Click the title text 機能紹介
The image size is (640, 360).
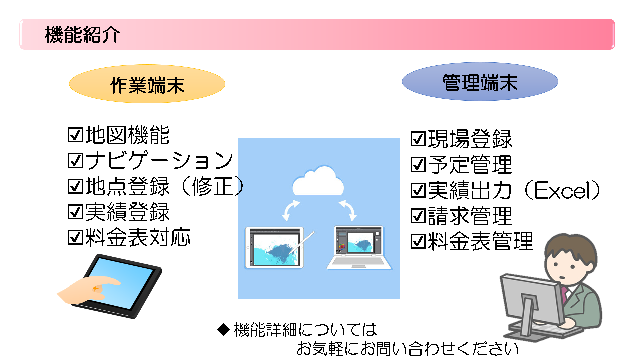82,34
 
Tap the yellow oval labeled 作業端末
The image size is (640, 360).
147,84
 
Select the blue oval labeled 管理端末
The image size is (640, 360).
480,82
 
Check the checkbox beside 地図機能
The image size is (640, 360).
75,135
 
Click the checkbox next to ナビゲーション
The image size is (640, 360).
75,161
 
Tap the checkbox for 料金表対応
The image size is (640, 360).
75,237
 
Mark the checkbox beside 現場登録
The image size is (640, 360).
418,139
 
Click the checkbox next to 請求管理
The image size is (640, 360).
418,216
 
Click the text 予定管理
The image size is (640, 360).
470,165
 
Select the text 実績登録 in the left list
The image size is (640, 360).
128,212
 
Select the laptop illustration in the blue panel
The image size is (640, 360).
359,247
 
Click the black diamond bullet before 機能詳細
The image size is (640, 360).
223,329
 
